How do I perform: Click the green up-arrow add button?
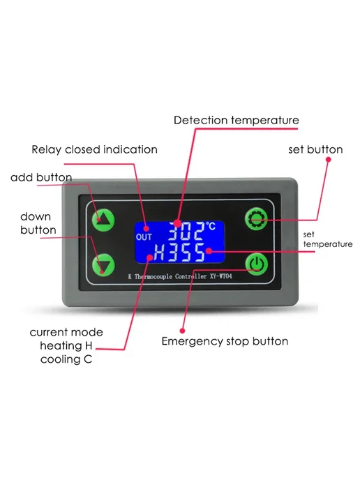103,220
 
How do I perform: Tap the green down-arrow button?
103,265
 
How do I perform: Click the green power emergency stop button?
257,264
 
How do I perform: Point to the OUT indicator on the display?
144,237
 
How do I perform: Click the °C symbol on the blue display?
211,226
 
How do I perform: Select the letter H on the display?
159,253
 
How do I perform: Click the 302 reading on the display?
186,231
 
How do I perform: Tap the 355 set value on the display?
187,253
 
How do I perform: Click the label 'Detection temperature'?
237,120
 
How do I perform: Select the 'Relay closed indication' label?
95,149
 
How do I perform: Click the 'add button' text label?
41,177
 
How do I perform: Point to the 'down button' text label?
38,223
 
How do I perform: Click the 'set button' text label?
315,149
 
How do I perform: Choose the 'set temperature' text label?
328,239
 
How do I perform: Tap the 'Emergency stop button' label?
225,341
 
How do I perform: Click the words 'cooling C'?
66,359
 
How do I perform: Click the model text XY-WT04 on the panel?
221,276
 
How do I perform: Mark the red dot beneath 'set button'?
328,160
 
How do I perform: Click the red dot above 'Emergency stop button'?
183,331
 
